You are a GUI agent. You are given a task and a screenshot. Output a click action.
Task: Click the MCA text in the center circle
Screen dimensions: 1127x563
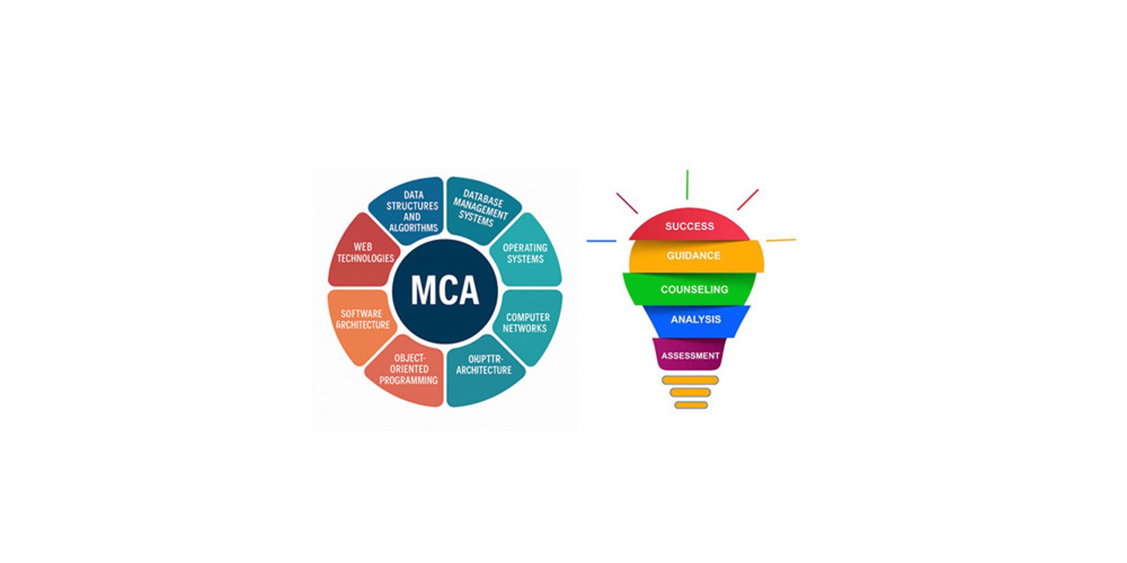(445, 291)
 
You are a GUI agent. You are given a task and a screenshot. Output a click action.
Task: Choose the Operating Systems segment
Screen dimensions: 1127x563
(525, 253)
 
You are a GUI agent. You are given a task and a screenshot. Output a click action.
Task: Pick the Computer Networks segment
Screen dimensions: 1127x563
(527, 323)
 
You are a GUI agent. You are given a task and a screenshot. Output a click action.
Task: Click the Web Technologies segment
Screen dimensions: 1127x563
(365, 253)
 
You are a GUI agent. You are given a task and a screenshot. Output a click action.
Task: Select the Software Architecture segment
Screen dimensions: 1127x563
(362, 320)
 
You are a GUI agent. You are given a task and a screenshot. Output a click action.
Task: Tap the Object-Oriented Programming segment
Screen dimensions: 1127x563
(409, 369)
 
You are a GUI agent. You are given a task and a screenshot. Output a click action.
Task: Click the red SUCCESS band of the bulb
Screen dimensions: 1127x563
(689, 226)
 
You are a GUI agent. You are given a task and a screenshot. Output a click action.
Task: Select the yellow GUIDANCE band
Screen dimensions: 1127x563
(694, 256)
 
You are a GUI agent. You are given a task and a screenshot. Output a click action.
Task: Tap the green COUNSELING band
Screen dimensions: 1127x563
(694, 289)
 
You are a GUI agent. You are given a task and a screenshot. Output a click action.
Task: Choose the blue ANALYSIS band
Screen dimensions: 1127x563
(696, 320)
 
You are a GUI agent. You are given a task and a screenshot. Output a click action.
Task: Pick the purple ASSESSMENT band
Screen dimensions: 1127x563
(690, 355)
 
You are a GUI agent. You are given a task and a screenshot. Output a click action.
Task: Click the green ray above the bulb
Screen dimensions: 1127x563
(687, 185)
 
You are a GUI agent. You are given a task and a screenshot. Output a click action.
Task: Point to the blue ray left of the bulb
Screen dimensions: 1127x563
(601, 241)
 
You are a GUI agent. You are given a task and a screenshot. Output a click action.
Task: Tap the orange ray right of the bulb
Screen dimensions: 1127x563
(781, 240)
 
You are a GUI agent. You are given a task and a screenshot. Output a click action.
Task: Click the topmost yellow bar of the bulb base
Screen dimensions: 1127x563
(690, 380)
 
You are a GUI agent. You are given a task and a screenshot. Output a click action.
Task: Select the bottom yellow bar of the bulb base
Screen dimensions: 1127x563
(691, 405)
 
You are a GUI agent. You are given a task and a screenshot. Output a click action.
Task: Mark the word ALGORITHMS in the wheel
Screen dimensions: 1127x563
(413, 228)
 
